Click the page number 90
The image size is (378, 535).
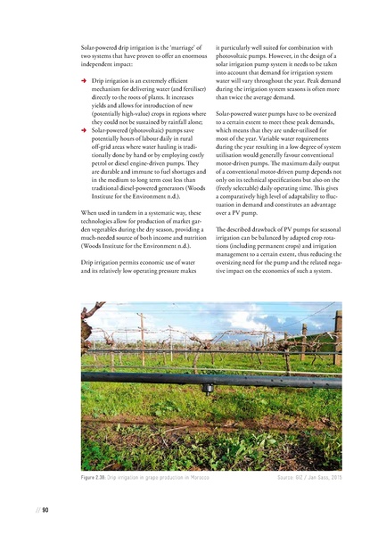coord(44,509)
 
